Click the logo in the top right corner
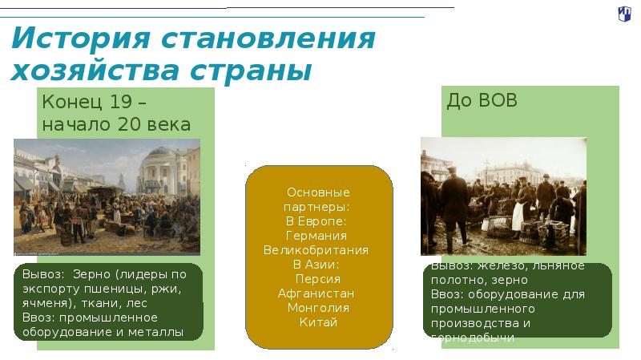pyautogui.click(x=624, y=13)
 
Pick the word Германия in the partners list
pyautogui.click(x=318, y=236)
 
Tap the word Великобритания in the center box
pyautogui.click(x=318, y=250)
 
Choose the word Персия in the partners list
pyautogui.click(x=318, y=279)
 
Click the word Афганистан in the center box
pyautogui.click(x=318, y=293)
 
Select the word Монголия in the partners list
pyautogui.click(x=318, y=308)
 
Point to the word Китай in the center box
pyautogui.click(x=318, y=322)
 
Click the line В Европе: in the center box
pyautogui.click(x=318, y=221)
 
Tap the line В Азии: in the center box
pyautogui.click(x=318, y=265)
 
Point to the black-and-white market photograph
pyautogui.click(x=502, y=196)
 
